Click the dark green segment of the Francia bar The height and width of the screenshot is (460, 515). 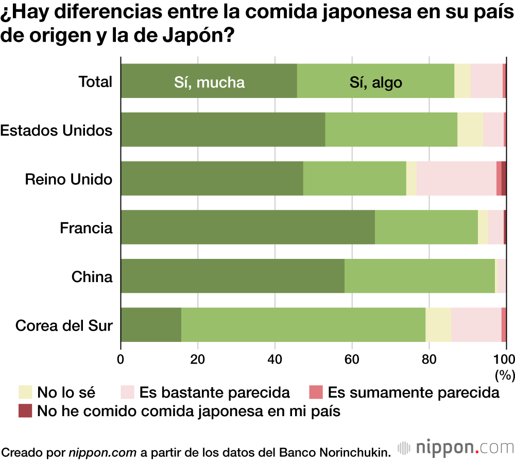(x=248, y=227)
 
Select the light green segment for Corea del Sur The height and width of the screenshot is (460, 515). (x=303, y=325)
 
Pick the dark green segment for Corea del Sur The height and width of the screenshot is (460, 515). (x=151, y=325)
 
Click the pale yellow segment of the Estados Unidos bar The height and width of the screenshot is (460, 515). (x=470, y=129)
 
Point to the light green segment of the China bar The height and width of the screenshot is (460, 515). (x=419, y=276)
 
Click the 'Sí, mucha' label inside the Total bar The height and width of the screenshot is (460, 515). (x=209, y=83)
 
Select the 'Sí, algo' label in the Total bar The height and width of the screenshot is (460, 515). (x=375, y=83)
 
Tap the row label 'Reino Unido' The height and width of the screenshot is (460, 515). (x=68, y=179)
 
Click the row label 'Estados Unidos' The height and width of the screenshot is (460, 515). (x=56, y=130)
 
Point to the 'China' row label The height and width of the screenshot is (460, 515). (x=92, y=277)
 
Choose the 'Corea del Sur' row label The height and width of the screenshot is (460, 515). (x=64, y=326)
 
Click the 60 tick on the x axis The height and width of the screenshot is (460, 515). (x=352, y=359)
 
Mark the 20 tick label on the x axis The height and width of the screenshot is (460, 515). (x=198, y=359)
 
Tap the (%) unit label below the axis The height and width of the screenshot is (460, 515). (x=504, y=373)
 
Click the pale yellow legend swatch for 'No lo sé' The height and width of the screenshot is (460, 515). (x=25, y=392)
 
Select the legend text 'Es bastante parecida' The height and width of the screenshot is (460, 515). (x=215, y=393)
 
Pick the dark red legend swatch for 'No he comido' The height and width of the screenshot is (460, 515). (x=25, y=411)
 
